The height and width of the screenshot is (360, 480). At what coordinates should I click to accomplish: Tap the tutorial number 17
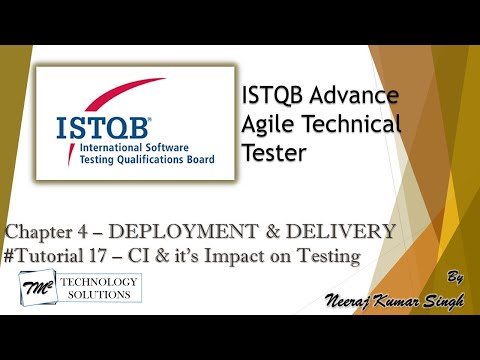[x=107, y=256]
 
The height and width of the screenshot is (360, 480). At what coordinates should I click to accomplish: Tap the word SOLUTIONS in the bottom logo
[x=105, y=298]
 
